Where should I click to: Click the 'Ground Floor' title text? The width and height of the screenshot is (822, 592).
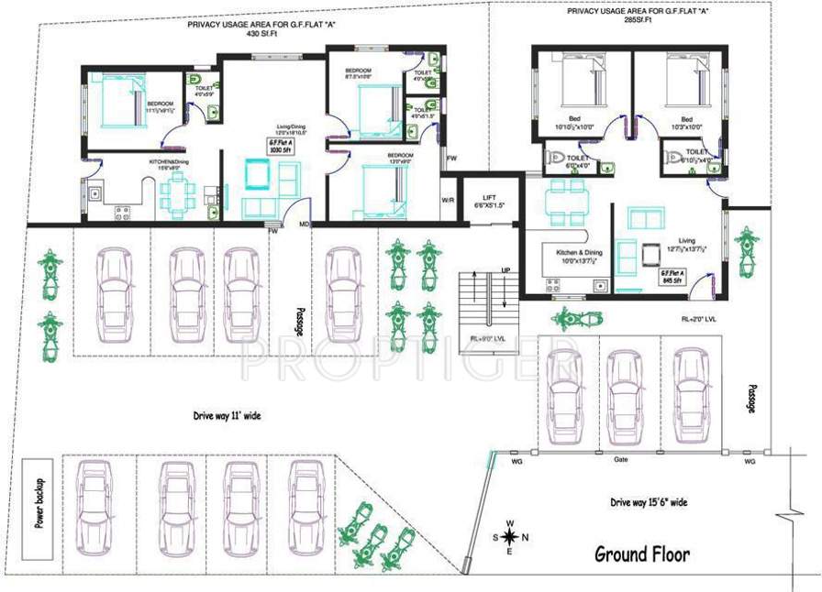[x=642, y=554]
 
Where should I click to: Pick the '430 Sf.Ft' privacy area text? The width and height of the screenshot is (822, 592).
[x=261, y=34]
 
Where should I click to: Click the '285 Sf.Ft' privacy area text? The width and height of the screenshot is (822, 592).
[x=637, y=19]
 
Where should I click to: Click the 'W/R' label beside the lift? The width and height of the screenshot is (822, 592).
[x=448, y=200]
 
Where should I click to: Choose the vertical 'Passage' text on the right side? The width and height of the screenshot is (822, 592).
[x=750, y=397]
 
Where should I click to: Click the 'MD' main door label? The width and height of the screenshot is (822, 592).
[x=303, y=223]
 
